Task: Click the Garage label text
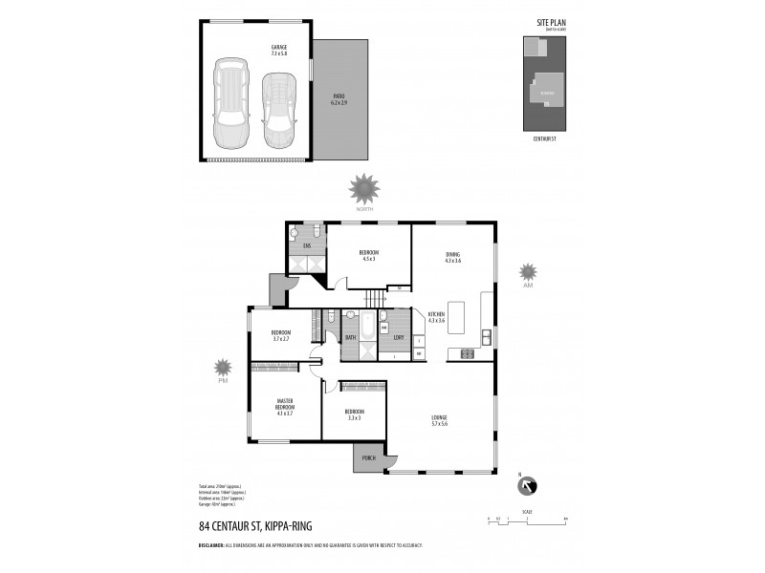[x=278, y=49]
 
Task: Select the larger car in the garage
[x=231, y=103]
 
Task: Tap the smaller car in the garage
[x=278, y=103]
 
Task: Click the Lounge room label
[x=439, y=419]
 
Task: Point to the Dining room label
[x=452, y=257]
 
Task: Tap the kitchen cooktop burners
[x=468, y=353]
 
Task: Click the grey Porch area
[x=367, y=459]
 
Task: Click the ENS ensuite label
[x=307, y=246]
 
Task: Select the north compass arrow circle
[x=526, y=487]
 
